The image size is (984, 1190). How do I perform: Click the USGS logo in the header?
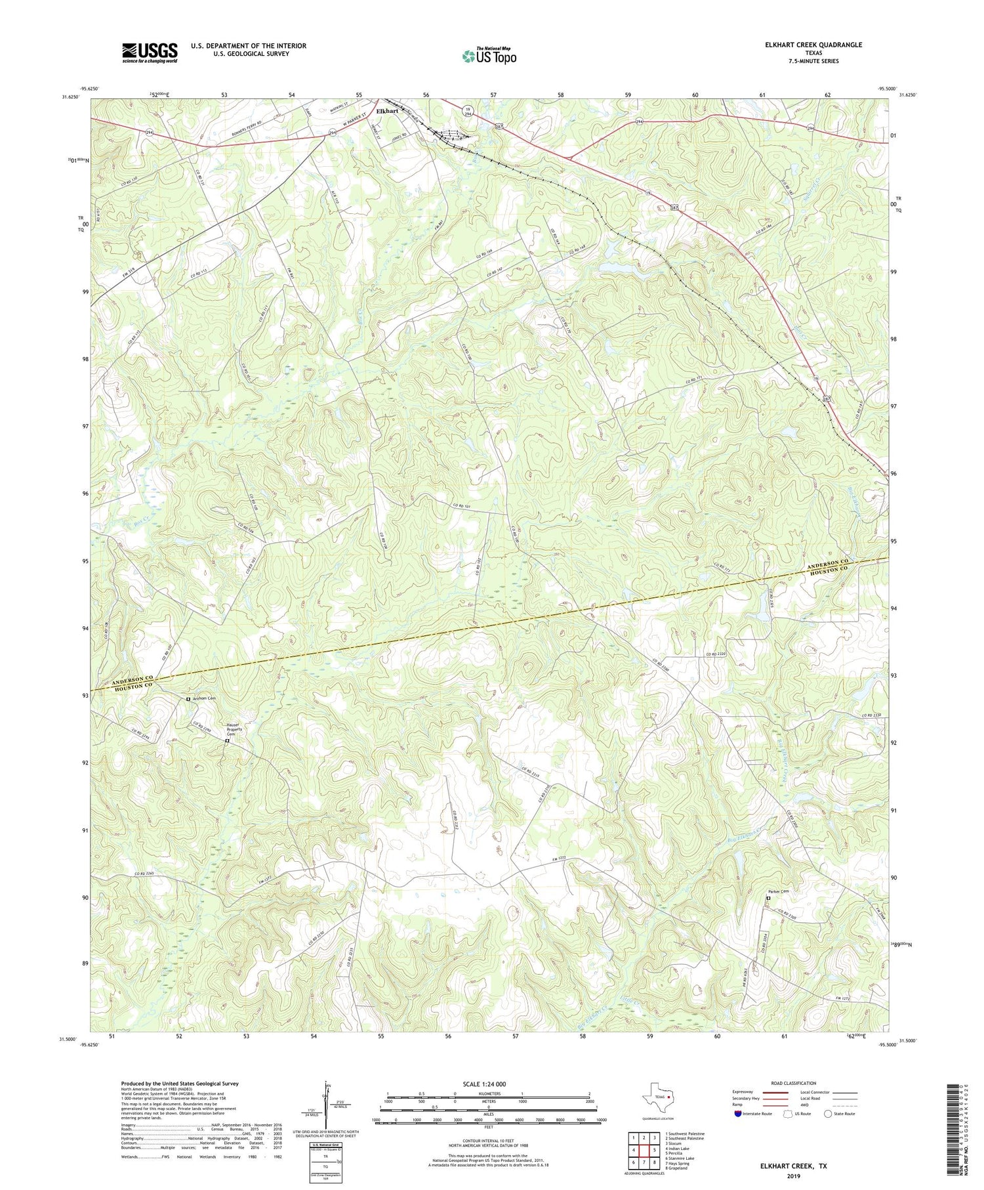tap(149, 53)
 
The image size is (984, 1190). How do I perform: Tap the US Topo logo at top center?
tap(489, 56)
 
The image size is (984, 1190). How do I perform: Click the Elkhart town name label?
tap(387, 111)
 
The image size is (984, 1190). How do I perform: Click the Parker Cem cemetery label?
tap(778, 891)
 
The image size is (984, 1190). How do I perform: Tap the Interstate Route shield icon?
tap(738, 1114)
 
